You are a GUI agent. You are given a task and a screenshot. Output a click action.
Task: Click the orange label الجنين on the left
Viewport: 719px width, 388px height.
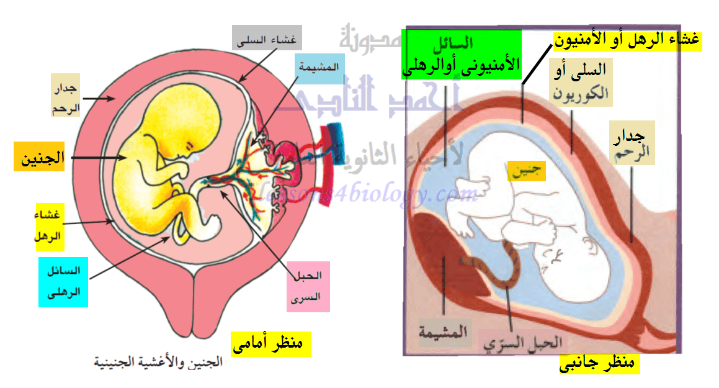(x=39, y=157)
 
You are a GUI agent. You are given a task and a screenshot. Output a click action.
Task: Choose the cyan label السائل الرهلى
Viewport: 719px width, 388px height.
(x=64, y=281)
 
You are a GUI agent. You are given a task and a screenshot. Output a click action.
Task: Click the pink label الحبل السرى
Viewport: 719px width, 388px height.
(x=308, y=290)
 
